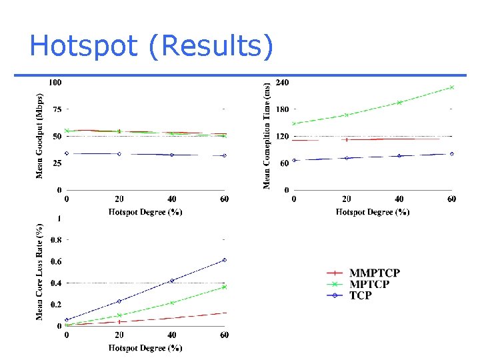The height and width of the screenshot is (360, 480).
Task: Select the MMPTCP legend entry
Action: tap(375, 273)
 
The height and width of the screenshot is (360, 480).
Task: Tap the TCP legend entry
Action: tap(361, 295)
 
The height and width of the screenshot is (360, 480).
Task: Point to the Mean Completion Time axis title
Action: tap(267, 135)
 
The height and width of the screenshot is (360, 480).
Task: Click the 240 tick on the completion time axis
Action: tap(282, 83)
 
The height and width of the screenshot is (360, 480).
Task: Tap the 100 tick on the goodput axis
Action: tap(55, 83)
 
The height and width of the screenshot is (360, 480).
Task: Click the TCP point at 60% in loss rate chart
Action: tap(225, 260)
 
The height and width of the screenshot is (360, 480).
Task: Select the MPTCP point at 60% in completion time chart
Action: tap(452, 87)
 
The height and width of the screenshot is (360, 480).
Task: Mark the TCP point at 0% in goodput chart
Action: tap(67, 153)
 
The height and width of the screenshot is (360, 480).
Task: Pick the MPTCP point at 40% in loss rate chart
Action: tap(172, 303)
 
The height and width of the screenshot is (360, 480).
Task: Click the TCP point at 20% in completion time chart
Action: tap(347, 158)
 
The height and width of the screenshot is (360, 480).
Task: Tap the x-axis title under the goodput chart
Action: tap(145, 212)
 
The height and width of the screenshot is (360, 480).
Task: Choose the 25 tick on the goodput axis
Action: tap(57, 163)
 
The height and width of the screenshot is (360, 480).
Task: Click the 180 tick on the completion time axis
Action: tap(282, 109)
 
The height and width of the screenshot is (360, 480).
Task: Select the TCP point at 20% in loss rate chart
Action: tap(119, 301)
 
